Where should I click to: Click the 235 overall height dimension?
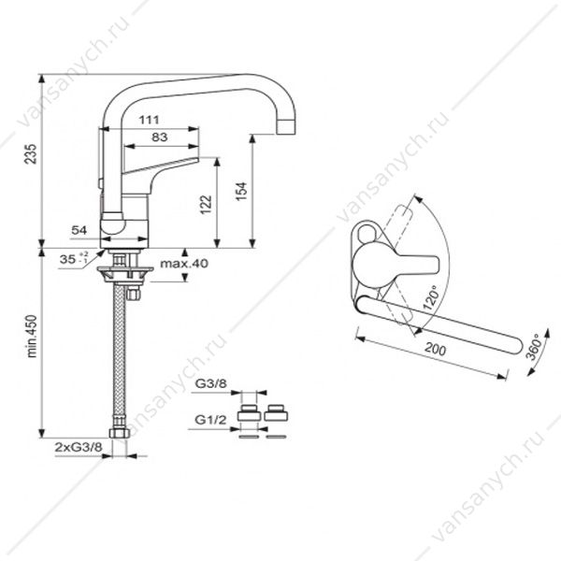(x=31, y=154)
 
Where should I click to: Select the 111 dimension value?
(x=150, y=120)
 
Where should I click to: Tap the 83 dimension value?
(x=160, y=137)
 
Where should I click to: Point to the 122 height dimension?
(x=206, y=204)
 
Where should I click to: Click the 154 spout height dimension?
(x=242, y=192)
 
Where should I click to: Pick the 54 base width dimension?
(x=79, y=230)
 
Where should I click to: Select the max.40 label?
(x=184, y=264)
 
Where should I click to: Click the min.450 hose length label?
(x=32, y=337)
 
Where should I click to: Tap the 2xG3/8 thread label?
(x=79, y=447)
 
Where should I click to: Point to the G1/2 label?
(x=210, y=420)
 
